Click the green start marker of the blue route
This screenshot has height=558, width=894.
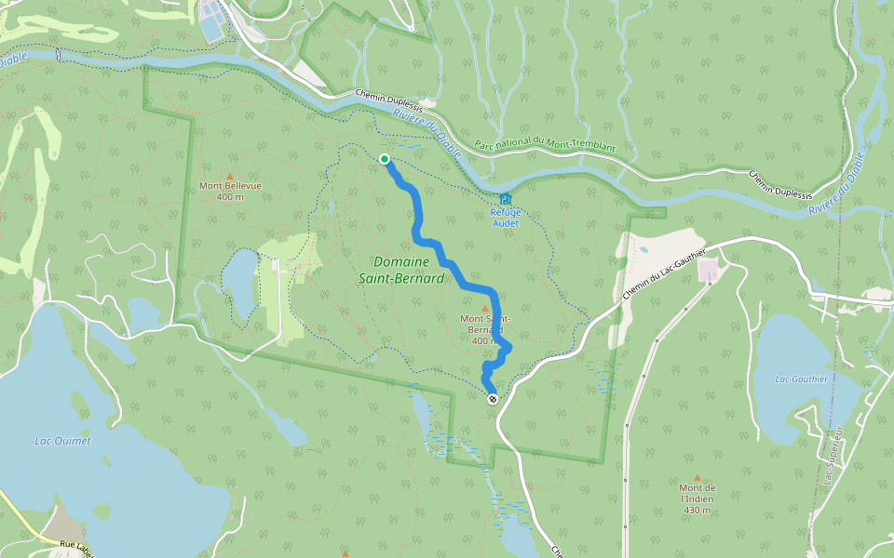385,159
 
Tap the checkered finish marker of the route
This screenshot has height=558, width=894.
493,399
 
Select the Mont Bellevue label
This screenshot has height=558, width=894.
230,185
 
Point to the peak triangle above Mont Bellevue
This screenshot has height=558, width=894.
230,173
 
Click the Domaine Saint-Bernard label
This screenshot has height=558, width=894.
400,270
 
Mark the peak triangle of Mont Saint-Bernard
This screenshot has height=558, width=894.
484,308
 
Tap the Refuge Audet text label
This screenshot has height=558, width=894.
506,217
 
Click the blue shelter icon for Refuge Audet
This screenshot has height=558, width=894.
505,199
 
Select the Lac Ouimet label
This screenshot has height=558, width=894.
62,441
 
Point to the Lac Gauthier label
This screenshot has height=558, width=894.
802,379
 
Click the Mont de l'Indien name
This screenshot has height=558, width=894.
697,493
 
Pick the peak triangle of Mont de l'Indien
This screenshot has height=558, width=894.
697,477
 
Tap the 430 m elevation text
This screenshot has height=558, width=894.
697,510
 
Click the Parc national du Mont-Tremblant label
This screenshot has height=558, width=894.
545,146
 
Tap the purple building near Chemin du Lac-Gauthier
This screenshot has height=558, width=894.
708,271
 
